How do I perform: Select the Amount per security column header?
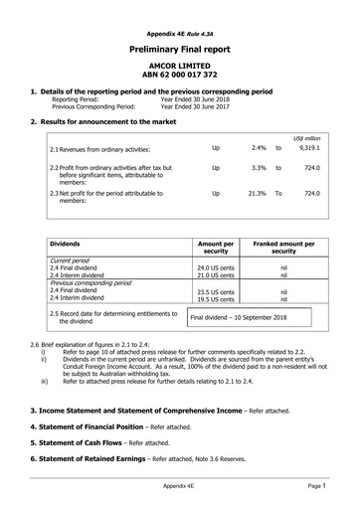[216, 248]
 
